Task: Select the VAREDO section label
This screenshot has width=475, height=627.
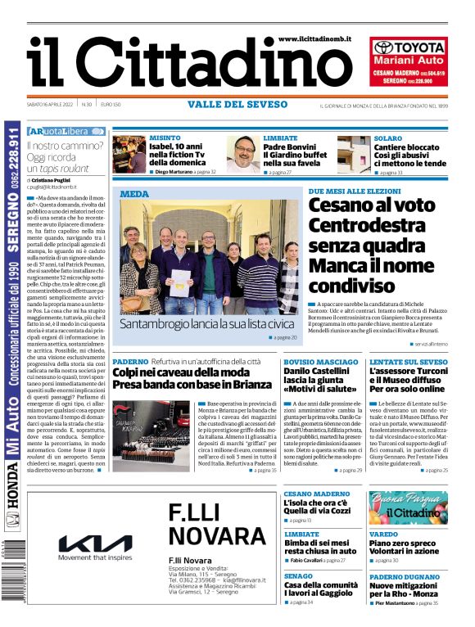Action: coord(382,534)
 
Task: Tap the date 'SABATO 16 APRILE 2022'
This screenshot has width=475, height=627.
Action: coord(50,104)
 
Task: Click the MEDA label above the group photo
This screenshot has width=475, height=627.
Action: coord(134,194)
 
